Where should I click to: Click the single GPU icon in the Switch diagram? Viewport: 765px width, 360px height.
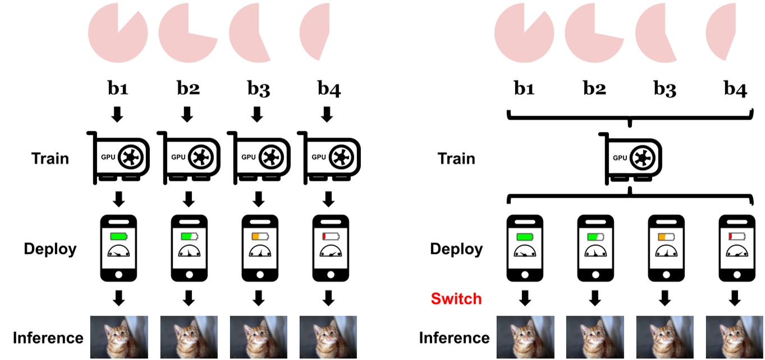pos(629,158)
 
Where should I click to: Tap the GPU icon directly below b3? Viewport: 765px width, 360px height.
pos(258,158)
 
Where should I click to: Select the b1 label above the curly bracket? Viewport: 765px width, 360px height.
pos(524,89)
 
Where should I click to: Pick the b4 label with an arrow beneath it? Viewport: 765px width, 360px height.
pos(328,89)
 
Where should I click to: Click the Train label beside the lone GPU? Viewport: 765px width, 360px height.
pos(456,158)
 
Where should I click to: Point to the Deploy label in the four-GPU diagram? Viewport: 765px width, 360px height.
pos(50,249)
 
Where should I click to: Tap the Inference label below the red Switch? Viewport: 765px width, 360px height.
pos(454,338)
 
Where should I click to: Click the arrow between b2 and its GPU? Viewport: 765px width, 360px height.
pos(188,115)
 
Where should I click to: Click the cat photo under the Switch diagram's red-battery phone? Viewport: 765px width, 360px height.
pos(734,337)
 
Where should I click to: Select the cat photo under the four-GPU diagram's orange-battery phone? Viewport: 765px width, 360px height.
pos(258,337)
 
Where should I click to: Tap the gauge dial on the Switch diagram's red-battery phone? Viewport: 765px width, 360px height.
pos(735,253)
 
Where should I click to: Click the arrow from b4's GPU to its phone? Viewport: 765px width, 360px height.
pos(328,199)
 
